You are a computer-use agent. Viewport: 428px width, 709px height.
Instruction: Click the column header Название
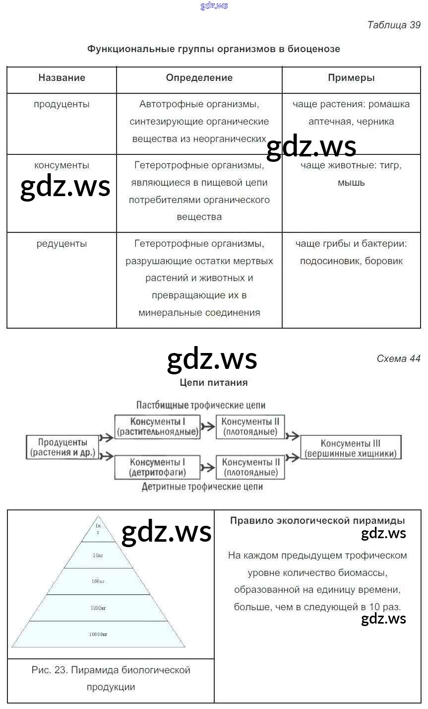tap(61, 78)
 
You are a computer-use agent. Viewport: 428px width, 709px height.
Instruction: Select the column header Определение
tap(199, 78)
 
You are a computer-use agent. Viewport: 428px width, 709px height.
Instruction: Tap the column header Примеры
tap(351, 78)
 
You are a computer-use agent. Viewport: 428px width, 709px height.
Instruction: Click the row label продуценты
tap(61, 105)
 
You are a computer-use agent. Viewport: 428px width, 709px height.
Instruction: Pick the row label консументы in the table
tap(61, 165)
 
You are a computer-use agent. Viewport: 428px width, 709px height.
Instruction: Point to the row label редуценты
tap(61, 244)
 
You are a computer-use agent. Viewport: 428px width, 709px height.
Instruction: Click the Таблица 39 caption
tap(393, 25)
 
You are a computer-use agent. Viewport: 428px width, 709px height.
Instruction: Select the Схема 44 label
tap(398, 358)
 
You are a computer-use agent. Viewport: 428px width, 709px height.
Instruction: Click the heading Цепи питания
tap(213, 383)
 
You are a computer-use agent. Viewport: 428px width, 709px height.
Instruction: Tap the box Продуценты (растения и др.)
tap(62, 447)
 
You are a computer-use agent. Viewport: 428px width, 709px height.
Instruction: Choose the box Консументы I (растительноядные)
tap(158, 427)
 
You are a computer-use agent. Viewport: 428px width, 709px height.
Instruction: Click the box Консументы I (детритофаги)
tap(158, 467)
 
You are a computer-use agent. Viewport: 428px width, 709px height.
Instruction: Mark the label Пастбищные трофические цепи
tap(201, 405)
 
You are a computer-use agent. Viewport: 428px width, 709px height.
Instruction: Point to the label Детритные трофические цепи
tap(202, 487)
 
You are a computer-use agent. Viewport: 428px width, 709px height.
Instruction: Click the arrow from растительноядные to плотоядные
tap(208, 427)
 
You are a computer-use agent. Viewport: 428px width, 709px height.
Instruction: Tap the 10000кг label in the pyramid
tap(98, 635)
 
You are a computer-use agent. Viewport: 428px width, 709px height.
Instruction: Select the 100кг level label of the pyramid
tap(98, 581)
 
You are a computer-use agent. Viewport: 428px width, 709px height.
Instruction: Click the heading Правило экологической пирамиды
tap(317, 521)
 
